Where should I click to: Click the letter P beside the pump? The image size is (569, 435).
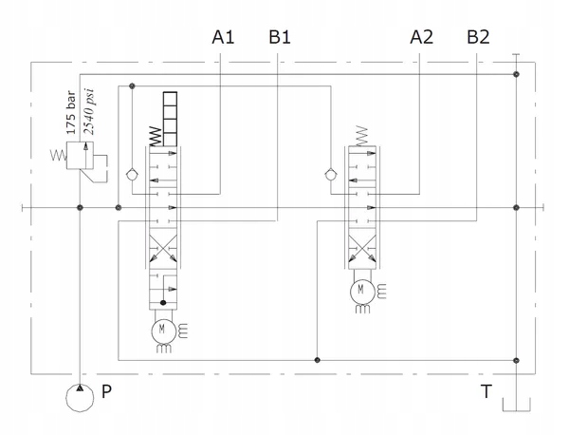pyautogui.click(x=106, y=389)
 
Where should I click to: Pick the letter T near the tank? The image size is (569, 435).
pyautogui.click(x=486, y=389)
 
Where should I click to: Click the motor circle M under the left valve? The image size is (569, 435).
pyautogui.click(x=162, y=330)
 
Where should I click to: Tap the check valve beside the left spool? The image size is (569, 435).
pyautogui.click(x=132, y=174)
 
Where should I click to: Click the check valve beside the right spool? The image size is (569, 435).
pyautogui.click(x=331, y=174)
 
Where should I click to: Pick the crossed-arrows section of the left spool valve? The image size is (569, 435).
pyautogui.click(x=162, y=254)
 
